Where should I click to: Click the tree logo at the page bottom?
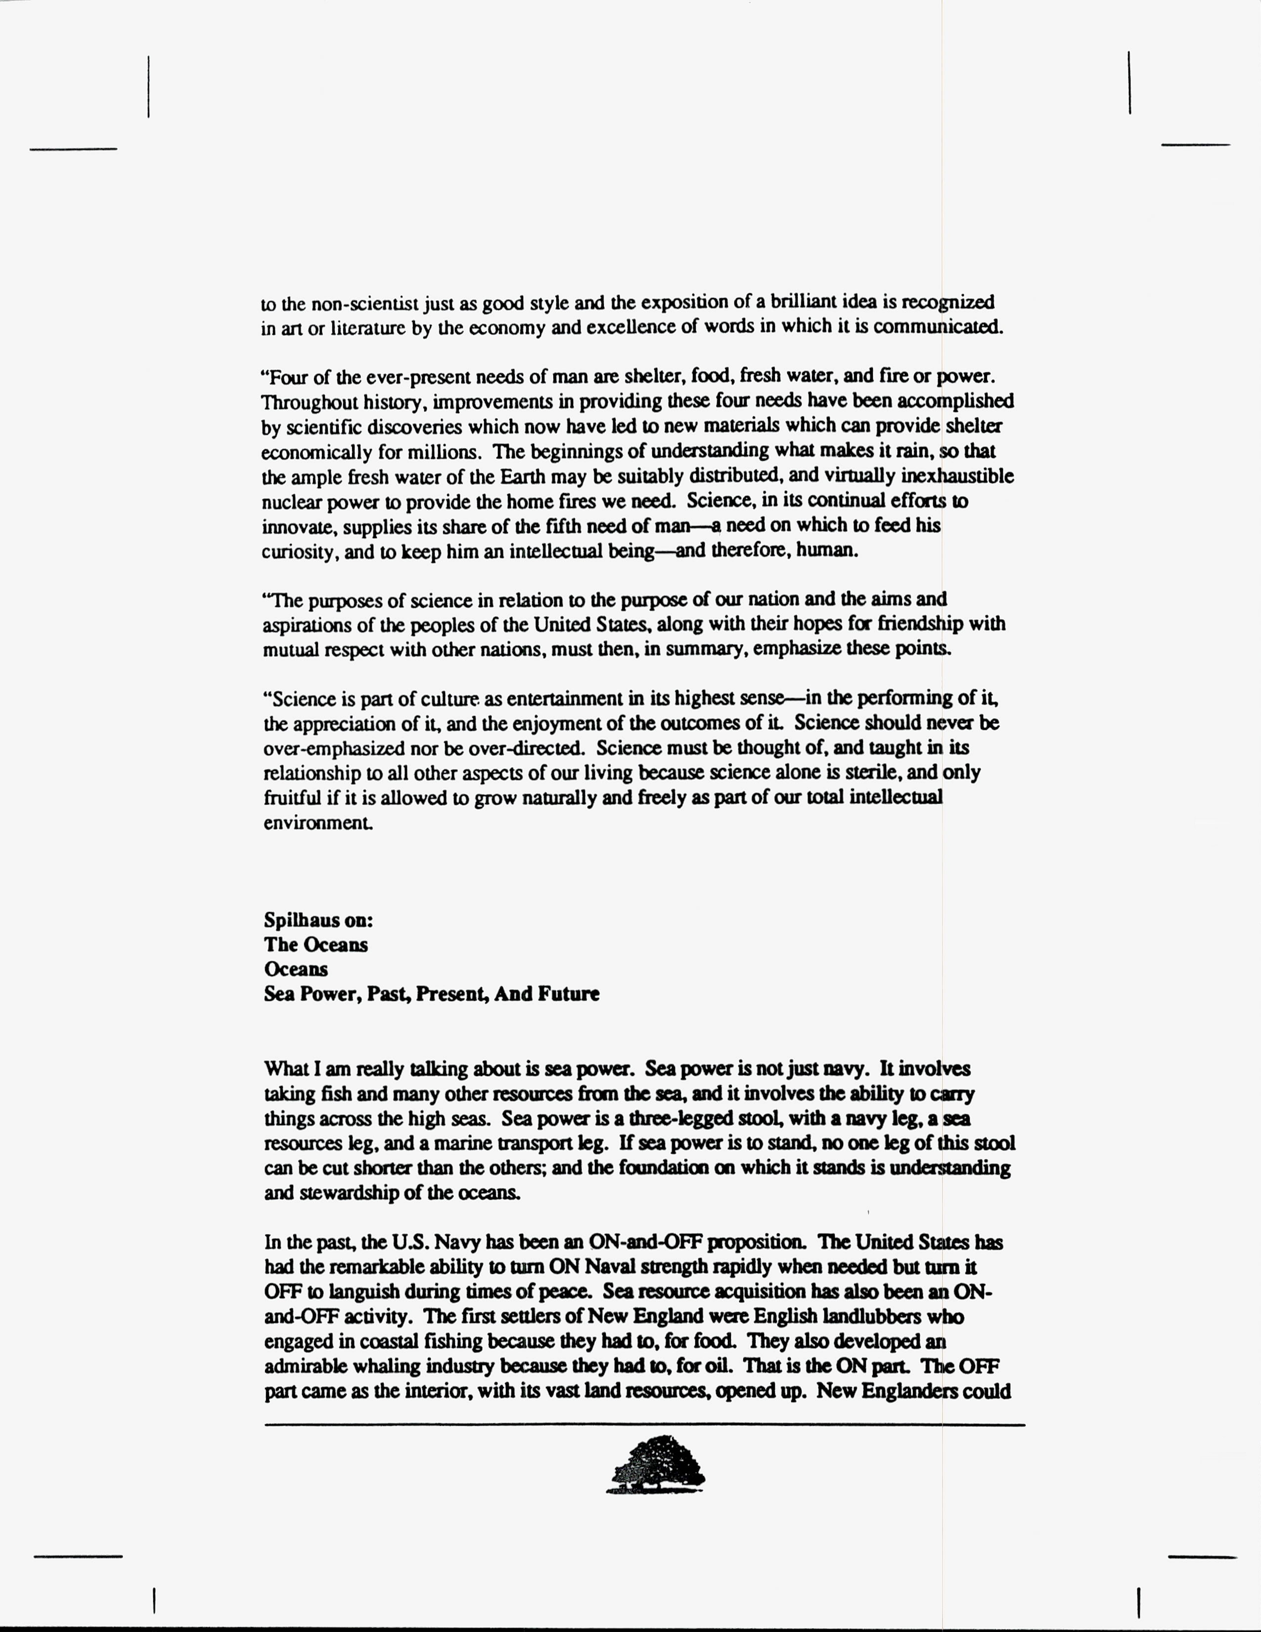click(x=656, y=1465)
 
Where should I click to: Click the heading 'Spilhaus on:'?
click(x=318, y=920)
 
